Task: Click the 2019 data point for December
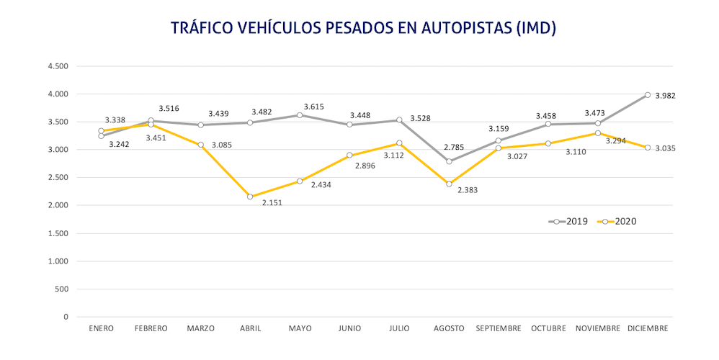click(648, 95)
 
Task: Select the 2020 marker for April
click(250, 197)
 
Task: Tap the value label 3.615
click(313, 107)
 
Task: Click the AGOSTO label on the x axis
click(449, 328)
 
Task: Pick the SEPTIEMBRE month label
click(499, 328)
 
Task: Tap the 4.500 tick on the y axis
click(57, 66)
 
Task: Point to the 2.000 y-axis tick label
click(57, 205)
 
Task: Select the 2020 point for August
click(449, 184)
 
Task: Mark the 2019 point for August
click(449, 161)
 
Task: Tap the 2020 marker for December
click(648, 148)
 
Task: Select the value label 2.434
click(321, 185)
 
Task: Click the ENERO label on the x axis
click(101, 328)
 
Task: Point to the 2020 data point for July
click(399, 143)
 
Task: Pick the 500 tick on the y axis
click(61, 289)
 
